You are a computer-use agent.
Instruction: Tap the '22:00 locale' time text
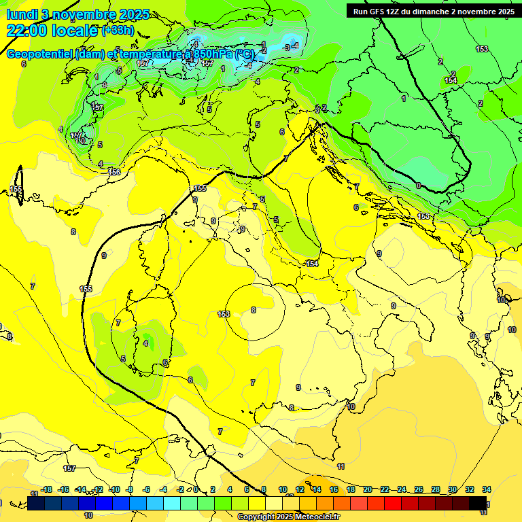[x=52, y=31]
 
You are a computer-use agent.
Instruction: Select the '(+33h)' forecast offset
[x=118, y=31]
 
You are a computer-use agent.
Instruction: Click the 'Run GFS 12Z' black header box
[x=433, y=11]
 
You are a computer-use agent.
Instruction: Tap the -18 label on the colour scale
[x=46, y=489]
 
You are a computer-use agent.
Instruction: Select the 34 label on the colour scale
[x=487, y=489]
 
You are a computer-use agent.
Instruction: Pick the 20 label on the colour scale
[x=368, y=489]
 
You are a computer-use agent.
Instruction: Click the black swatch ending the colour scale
[x=478, y=503]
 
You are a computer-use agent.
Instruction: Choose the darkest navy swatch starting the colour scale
[x=36, y=503]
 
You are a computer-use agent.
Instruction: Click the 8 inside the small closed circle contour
[x=254, y=310]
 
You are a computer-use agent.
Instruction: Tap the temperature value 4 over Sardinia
[x=145, y=343]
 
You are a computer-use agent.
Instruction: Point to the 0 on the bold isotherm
[x=418, y=186]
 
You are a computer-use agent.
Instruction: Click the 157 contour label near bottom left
[x=69, y=468]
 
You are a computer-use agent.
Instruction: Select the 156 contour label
[x=114, y=172]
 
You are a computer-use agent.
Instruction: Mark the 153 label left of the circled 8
[x=224, y=314]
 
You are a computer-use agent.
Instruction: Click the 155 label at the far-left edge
[x=16, y=190]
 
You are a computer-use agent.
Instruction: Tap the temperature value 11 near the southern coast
[x=341, y=466]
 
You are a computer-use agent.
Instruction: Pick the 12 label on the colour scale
[x=300, y=489]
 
